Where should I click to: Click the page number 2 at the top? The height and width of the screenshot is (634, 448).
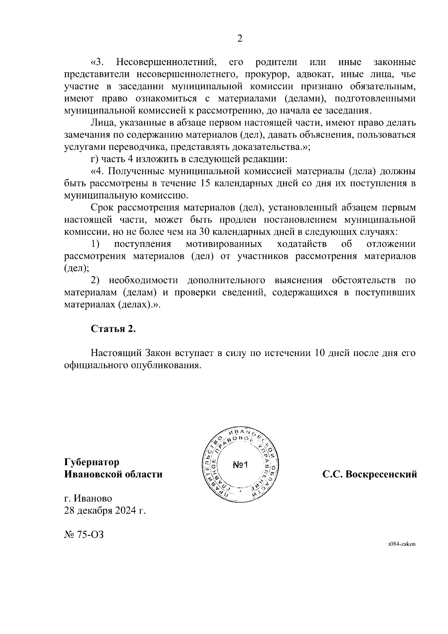240,39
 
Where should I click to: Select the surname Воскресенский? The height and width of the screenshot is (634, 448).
381,474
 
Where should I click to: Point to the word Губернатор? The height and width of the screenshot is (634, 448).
92,463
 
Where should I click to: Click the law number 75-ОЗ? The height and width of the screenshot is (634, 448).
90,535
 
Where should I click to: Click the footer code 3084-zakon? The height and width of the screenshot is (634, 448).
401,544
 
